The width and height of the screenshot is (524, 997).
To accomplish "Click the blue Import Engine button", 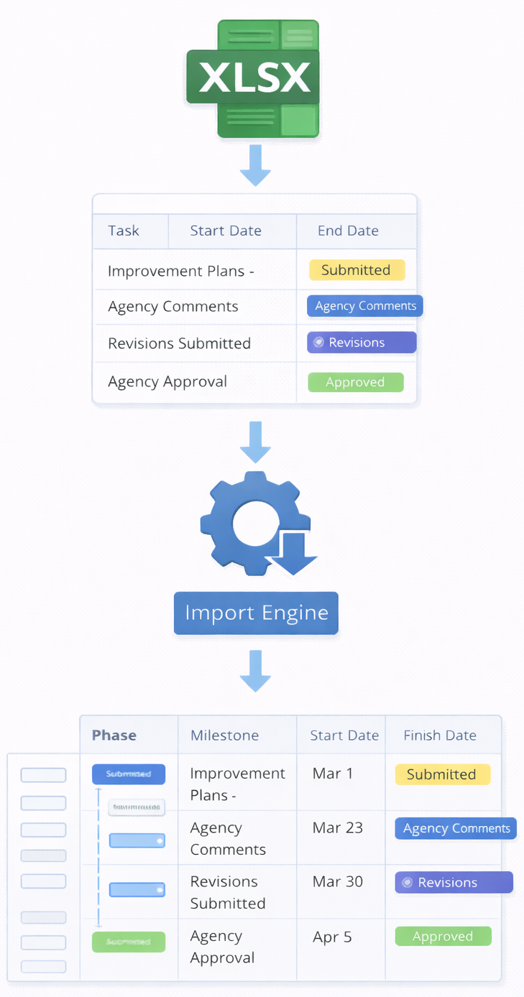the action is click(x=256, y=613).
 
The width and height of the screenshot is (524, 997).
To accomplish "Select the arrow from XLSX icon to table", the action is click(x=255, y=165).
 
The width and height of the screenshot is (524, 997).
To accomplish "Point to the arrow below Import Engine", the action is click(x=255, y=671).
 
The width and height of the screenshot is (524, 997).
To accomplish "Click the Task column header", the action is click(x=124, y=231).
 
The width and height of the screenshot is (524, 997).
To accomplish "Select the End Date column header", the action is click(x=348, y=231).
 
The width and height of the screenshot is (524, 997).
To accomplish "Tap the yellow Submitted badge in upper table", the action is click(x=357, y=270).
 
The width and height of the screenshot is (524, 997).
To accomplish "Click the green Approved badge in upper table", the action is click(x=355, y=382).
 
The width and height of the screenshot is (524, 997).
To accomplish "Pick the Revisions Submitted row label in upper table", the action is click(x=179, y=343).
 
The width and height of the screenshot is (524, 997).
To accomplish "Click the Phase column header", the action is click(x=114, y=735).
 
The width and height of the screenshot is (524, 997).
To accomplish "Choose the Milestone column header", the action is click(x=224, y=735).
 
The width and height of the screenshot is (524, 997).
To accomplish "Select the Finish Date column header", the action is click(x=440, y=735).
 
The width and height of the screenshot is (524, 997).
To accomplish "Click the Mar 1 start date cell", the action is click(x=333, y=774).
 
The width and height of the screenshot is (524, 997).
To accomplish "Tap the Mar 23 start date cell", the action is click(x=337, y=827).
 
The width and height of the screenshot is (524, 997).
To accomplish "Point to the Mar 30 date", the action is click(x=337, y=881).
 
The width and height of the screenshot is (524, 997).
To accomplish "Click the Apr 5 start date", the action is click(x=332, y=937).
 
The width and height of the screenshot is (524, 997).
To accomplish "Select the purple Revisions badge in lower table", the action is click(x=454, y=882).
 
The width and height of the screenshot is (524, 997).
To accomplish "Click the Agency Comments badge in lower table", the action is click(x=456, y=828).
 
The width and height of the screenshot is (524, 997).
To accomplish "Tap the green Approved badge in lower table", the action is click(x=443, y=936).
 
